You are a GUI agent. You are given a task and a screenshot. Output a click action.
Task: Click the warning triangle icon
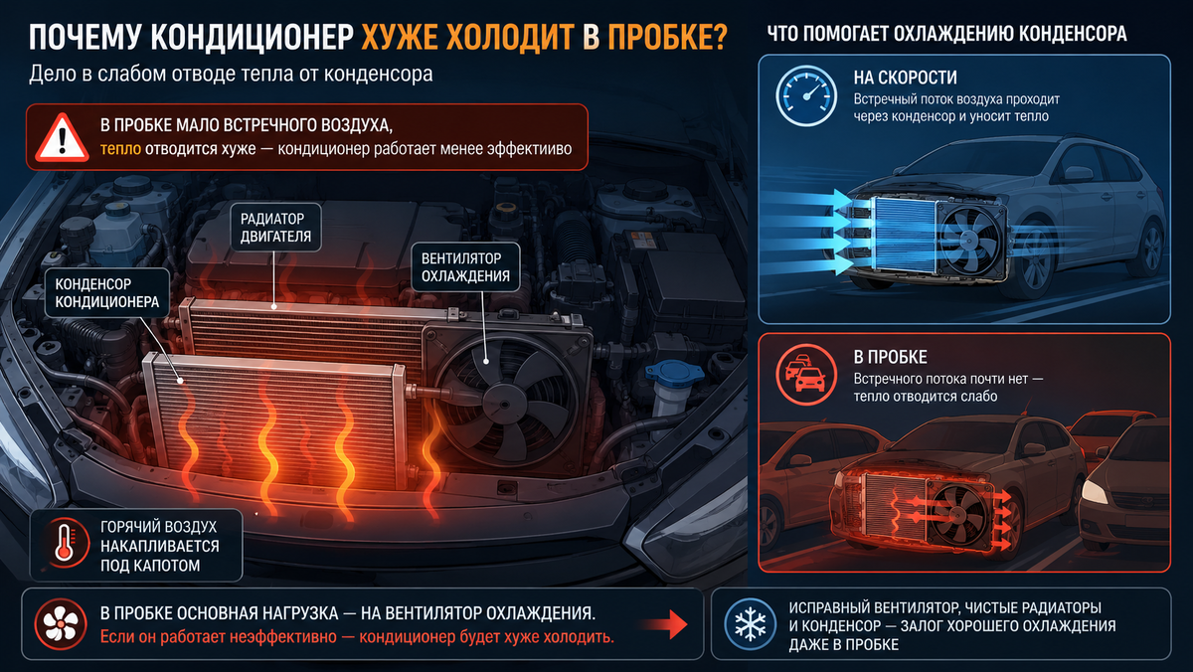click(x=62, y=137)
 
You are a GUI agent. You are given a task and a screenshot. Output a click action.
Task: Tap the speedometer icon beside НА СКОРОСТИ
click(x=806, y=95)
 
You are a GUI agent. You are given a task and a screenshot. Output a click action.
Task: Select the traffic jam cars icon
click(x=806, y=375)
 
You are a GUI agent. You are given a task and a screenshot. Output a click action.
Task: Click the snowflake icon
click(x=750, y=624)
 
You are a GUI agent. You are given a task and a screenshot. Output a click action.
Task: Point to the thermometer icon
click(x=65, y=544)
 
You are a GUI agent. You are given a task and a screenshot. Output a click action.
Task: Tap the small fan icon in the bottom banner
click(x=61, y=624)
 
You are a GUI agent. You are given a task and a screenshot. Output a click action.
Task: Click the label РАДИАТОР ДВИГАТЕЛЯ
click(x=275, y=228)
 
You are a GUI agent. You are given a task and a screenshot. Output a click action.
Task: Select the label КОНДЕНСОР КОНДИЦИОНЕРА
click(x=107, y=293)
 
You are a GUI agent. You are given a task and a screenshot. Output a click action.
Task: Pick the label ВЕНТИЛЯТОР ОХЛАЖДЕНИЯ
click(x=465, y=267)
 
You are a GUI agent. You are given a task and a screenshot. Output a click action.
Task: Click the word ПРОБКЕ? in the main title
click(x=667, y=37)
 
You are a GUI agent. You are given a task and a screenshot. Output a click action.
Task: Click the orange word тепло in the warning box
click(x=120, y=148)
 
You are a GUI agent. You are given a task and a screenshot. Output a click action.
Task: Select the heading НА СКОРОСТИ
click(x=905, y=78)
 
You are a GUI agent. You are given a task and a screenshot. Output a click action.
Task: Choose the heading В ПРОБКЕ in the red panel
click(x=890, y=357)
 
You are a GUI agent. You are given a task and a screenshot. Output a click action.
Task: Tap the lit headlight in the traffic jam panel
click(x=1095, y=492)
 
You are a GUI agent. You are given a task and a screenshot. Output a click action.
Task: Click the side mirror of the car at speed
click(x=1078, y=174)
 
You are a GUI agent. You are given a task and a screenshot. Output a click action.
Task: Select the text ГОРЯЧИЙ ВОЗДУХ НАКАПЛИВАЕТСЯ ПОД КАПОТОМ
click(x=159, y=546)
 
